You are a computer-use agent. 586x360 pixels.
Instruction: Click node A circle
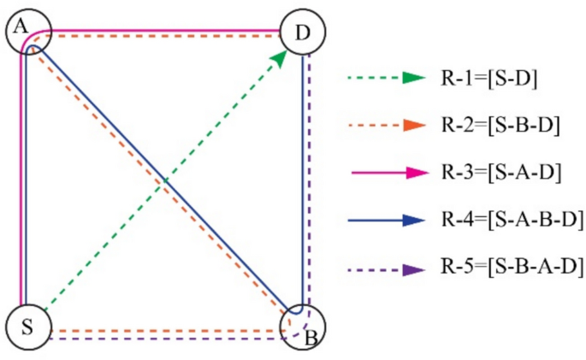[29, 33]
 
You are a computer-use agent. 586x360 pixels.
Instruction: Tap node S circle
[27, 328]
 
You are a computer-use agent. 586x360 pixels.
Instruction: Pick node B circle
[304, 328]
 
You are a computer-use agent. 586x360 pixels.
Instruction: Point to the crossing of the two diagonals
[164, 181]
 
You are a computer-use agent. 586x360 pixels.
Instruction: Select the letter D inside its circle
[303, 34]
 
